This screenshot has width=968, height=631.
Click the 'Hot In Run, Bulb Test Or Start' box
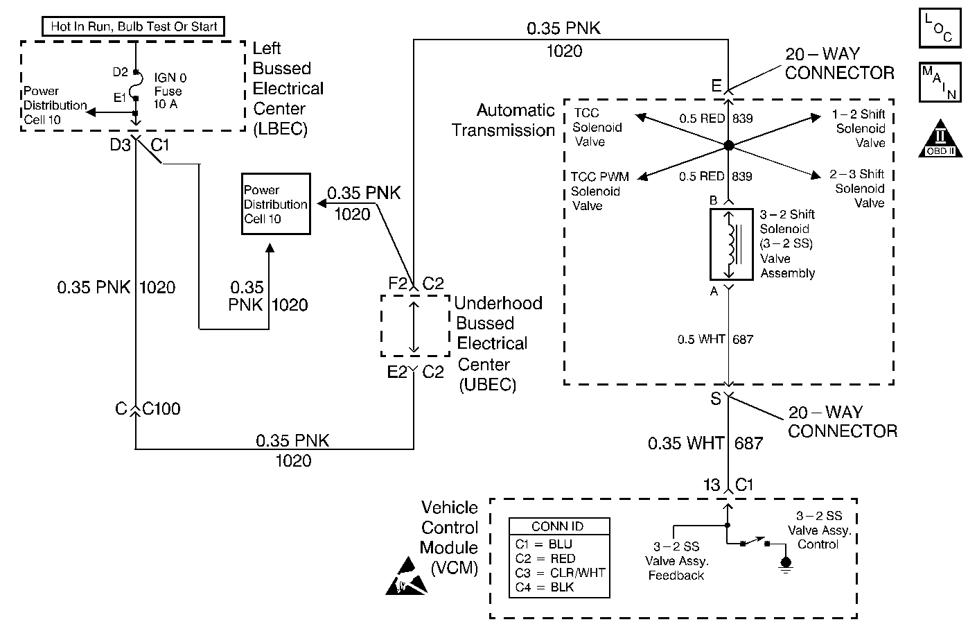(x=134, y=27)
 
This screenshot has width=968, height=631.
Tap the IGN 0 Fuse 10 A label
(x=170, y=91)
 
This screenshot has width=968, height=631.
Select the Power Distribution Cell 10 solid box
(x=275, y=204)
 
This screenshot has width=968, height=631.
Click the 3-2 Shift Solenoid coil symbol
(x=731, y=243)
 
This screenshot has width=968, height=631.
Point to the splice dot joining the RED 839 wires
(x=728, y=146)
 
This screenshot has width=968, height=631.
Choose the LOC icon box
(x=939, y=28)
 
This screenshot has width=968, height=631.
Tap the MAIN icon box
(x=939, y=82)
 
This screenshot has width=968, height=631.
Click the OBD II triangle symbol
(x=940, y=140)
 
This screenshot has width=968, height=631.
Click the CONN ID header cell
(x=558, y=526)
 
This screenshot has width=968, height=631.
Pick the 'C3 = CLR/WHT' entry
(x=560, y=573)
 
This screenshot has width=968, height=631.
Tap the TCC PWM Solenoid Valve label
(x=599, y=191)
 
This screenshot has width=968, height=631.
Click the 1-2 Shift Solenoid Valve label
(x=859, y=128)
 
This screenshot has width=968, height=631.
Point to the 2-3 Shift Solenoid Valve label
(x=858, y=189)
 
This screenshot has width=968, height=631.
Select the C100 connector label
(x=161, y=409)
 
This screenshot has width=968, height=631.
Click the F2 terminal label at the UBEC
(x=397, y=283)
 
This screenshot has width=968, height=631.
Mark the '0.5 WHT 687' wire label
(x=715, y=339)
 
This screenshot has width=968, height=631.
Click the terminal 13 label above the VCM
(x=712, y=485)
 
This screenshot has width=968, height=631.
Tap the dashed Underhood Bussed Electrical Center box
(x=414, y=326)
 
